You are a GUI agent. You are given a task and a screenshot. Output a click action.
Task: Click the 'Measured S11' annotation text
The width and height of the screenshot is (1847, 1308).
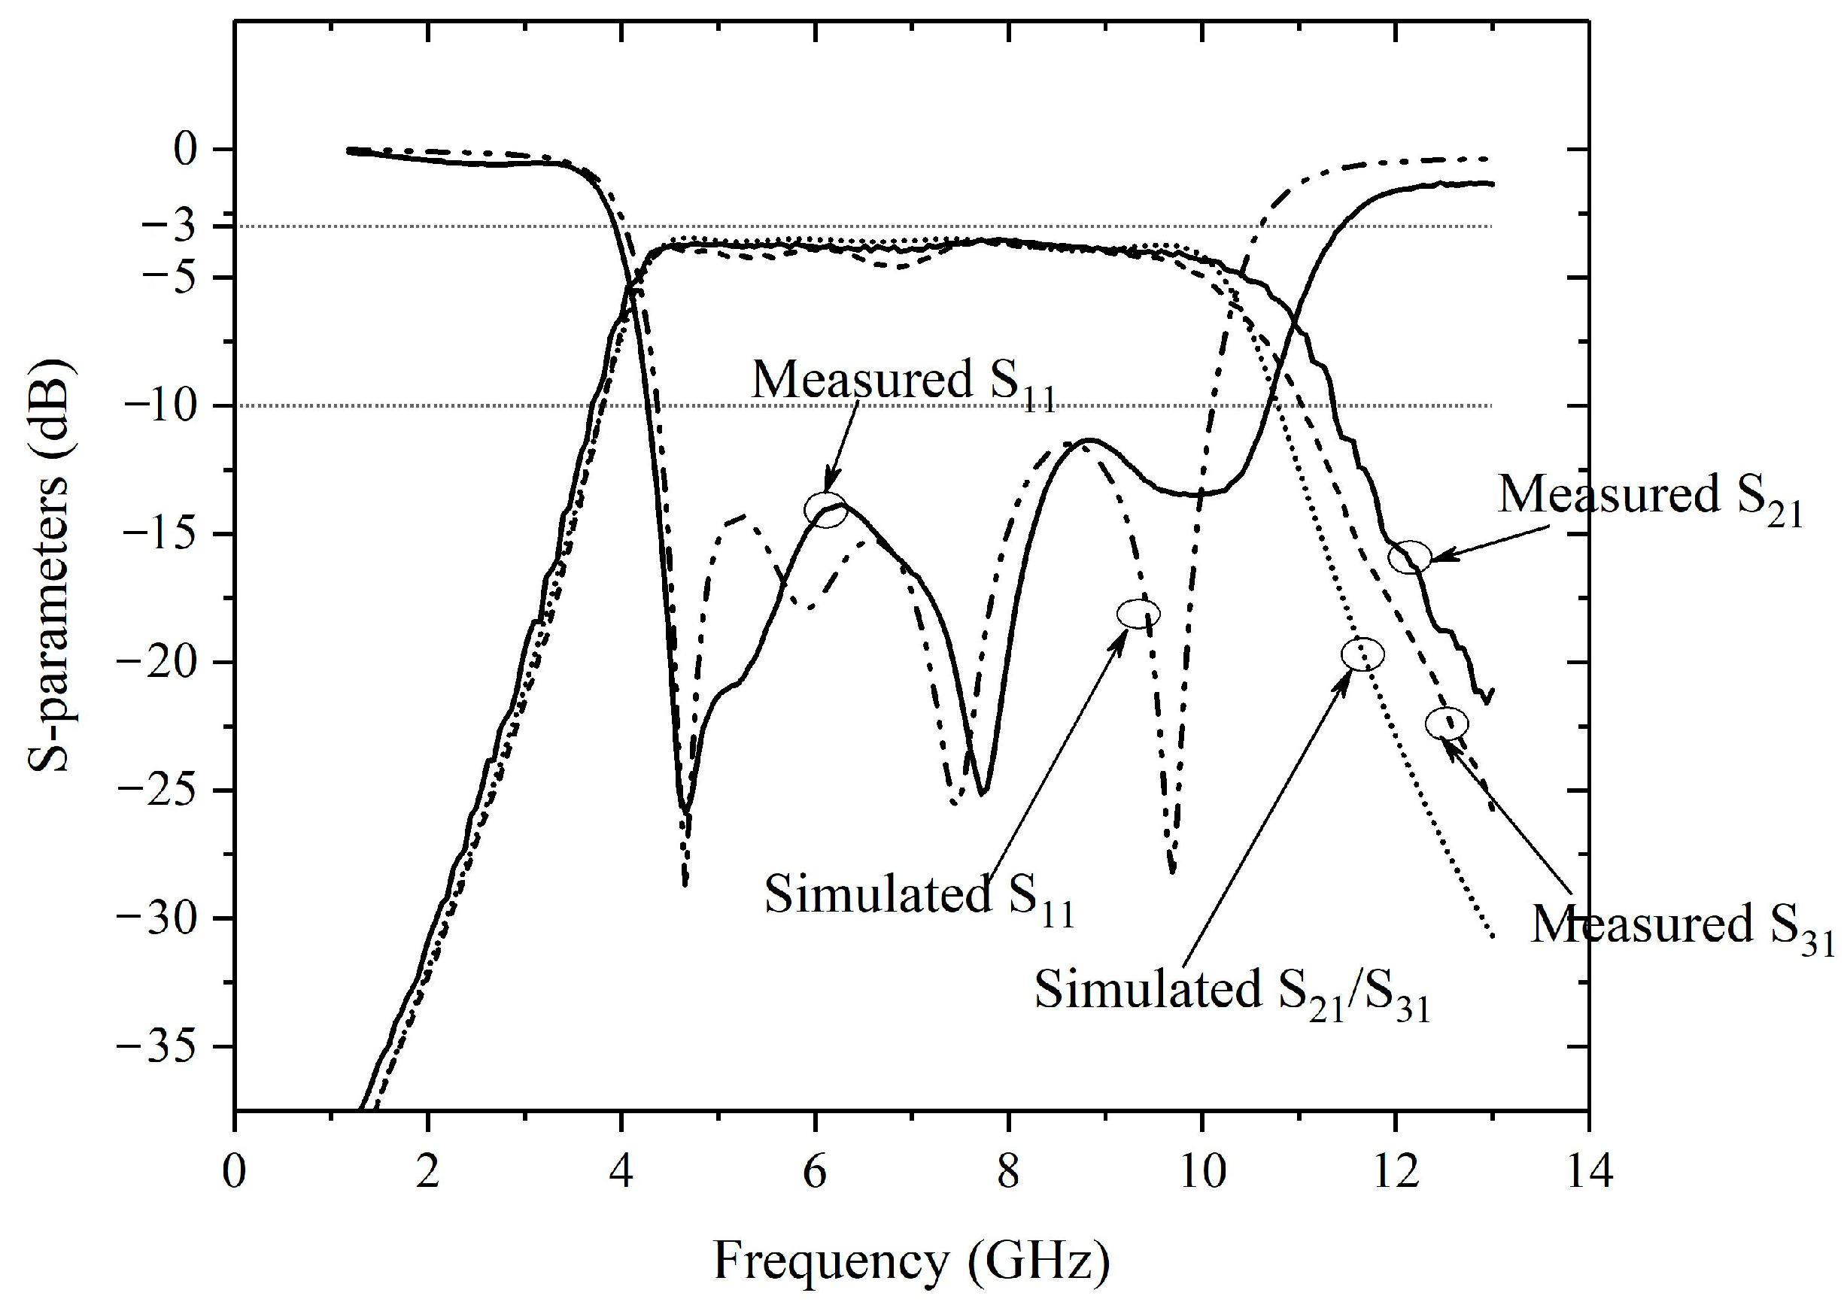pyautogui.click(x=903, y=382)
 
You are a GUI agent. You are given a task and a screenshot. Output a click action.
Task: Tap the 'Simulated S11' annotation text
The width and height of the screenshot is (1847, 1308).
pyautogui.click(x=919, y=897)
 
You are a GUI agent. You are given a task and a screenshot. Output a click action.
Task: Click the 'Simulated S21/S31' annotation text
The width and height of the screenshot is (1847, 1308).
pyautogui.click(x=1232, y=991)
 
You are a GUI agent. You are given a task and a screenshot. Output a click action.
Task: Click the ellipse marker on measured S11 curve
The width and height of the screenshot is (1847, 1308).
pyautogui.click(x=825, y=510)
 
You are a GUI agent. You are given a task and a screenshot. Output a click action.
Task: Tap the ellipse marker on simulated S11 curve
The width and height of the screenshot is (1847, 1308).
pyautogui.click(x=1138, y=614)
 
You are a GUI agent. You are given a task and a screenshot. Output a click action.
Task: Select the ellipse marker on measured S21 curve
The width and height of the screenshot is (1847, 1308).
pyautogui.click(x=1410, y=557)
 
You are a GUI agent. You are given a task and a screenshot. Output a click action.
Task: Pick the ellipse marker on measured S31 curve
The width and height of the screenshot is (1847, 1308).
pyautogui.click(x=1447, y=724)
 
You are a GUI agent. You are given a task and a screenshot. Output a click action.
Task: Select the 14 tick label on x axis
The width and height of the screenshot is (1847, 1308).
pyautogui.click(x=1587, y=1173)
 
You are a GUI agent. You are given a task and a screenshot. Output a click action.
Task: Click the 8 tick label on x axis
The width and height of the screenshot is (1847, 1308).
pyautogui.click(x=1007, y=1173)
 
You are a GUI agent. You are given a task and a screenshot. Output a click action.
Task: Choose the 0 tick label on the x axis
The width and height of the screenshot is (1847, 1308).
pyautogui.click(x=235, y=1173)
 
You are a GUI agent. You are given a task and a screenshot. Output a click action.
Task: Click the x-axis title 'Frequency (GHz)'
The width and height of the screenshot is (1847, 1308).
pyautogui.click(x=911, y=1261)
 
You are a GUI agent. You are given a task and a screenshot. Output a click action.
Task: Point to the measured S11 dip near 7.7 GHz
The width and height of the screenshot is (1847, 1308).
pyautogui.click(x=982, y=793)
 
